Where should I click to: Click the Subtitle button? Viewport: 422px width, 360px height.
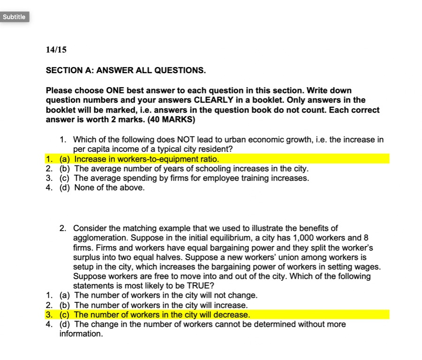coord(14,17)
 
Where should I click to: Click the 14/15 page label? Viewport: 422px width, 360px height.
coord(53,50)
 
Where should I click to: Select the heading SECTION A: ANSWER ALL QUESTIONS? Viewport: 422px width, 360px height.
coord(126,70)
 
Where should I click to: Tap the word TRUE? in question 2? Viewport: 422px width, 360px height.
coord(198,286)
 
